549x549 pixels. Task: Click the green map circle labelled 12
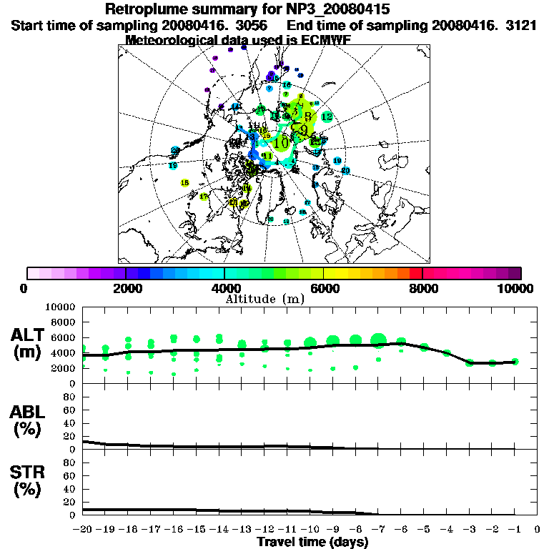pos(327,117)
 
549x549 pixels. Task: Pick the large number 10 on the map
pos(281,142)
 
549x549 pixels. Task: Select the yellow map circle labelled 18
pos(185,183)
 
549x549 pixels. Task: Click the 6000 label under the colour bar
pos(324,288)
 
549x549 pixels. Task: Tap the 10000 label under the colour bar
pos(515,288)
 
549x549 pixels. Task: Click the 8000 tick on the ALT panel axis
pos(66,322)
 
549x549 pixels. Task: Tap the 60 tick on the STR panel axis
pos(71,475)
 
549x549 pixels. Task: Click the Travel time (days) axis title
pos(312,543)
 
